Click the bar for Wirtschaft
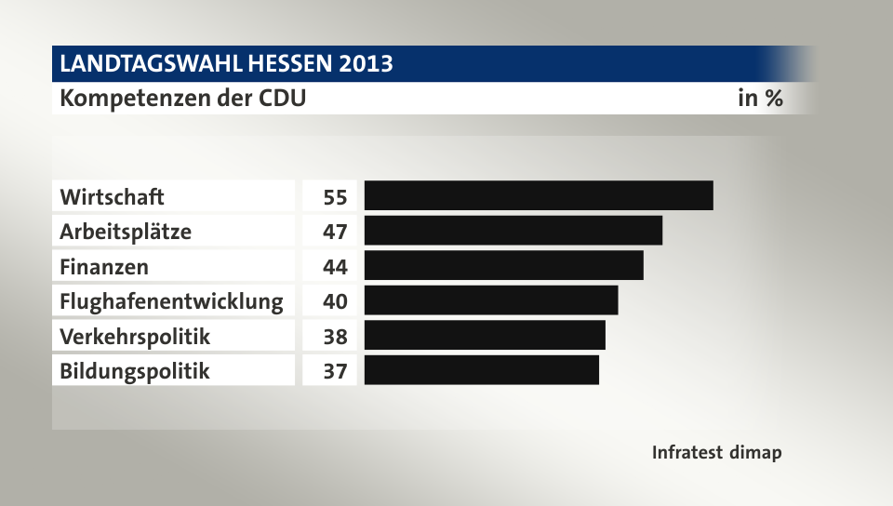click(x=539, y=195)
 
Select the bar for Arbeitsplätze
click(x=513, y=231)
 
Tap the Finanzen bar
click(x=503, y=265)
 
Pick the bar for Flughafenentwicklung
click(x=491, y=300)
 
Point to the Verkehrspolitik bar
click(x=485, y=335)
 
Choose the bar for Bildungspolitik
click(x=482, y=370)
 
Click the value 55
click(x=335, y=197)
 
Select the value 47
click(x=335, y=232)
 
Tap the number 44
click(x=335, y=267)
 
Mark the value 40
click(x=335, y=301)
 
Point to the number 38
click(x=335, y=337)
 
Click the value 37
click(x=335, y=371)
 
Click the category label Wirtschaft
click(x=112, y=197)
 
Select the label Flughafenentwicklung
click(x=171, y=301)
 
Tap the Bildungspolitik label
click(x=135, y=371)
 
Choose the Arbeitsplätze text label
click(x=126, y=232)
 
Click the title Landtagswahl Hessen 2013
click(x=226, y=64)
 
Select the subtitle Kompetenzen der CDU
click(x=182, y=98)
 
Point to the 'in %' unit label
click(x=759, y=98)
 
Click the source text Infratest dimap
click(x=716, y=453)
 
